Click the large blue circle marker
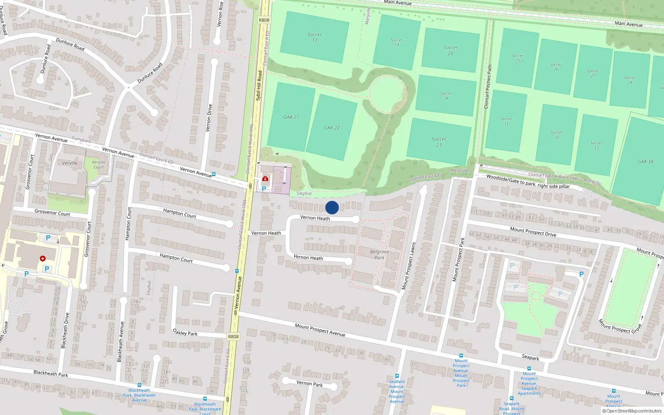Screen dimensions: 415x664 click(332, 207)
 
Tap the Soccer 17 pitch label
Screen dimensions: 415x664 click(315, 37)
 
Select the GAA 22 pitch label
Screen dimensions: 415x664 click(332, 128)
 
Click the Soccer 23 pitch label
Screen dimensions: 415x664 click(439, 142)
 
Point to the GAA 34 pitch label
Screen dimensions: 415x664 click(645, 161)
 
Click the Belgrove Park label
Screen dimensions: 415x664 click(379, 254)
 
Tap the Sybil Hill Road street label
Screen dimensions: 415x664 click(259, 85)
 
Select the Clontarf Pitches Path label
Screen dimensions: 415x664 click(488, 87)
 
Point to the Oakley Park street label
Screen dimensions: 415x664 click(185, 332)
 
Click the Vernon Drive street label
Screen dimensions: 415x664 click(210, 118)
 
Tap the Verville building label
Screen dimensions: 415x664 click(70, 163)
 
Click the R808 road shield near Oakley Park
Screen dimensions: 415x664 click(233, 337)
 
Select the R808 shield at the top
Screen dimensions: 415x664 click(264, 20)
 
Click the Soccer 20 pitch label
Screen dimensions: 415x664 click(450, 50)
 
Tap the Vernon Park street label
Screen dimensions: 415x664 click(310, 383)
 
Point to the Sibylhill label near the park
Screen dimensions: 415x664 click(304, 193)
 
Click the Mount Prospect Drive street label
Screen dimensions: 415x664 click(533, 232)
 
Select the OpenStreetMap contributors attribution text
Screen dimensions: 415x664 click(634, 411)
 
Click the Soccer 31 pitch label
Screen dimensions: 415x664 click(506, 121)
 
